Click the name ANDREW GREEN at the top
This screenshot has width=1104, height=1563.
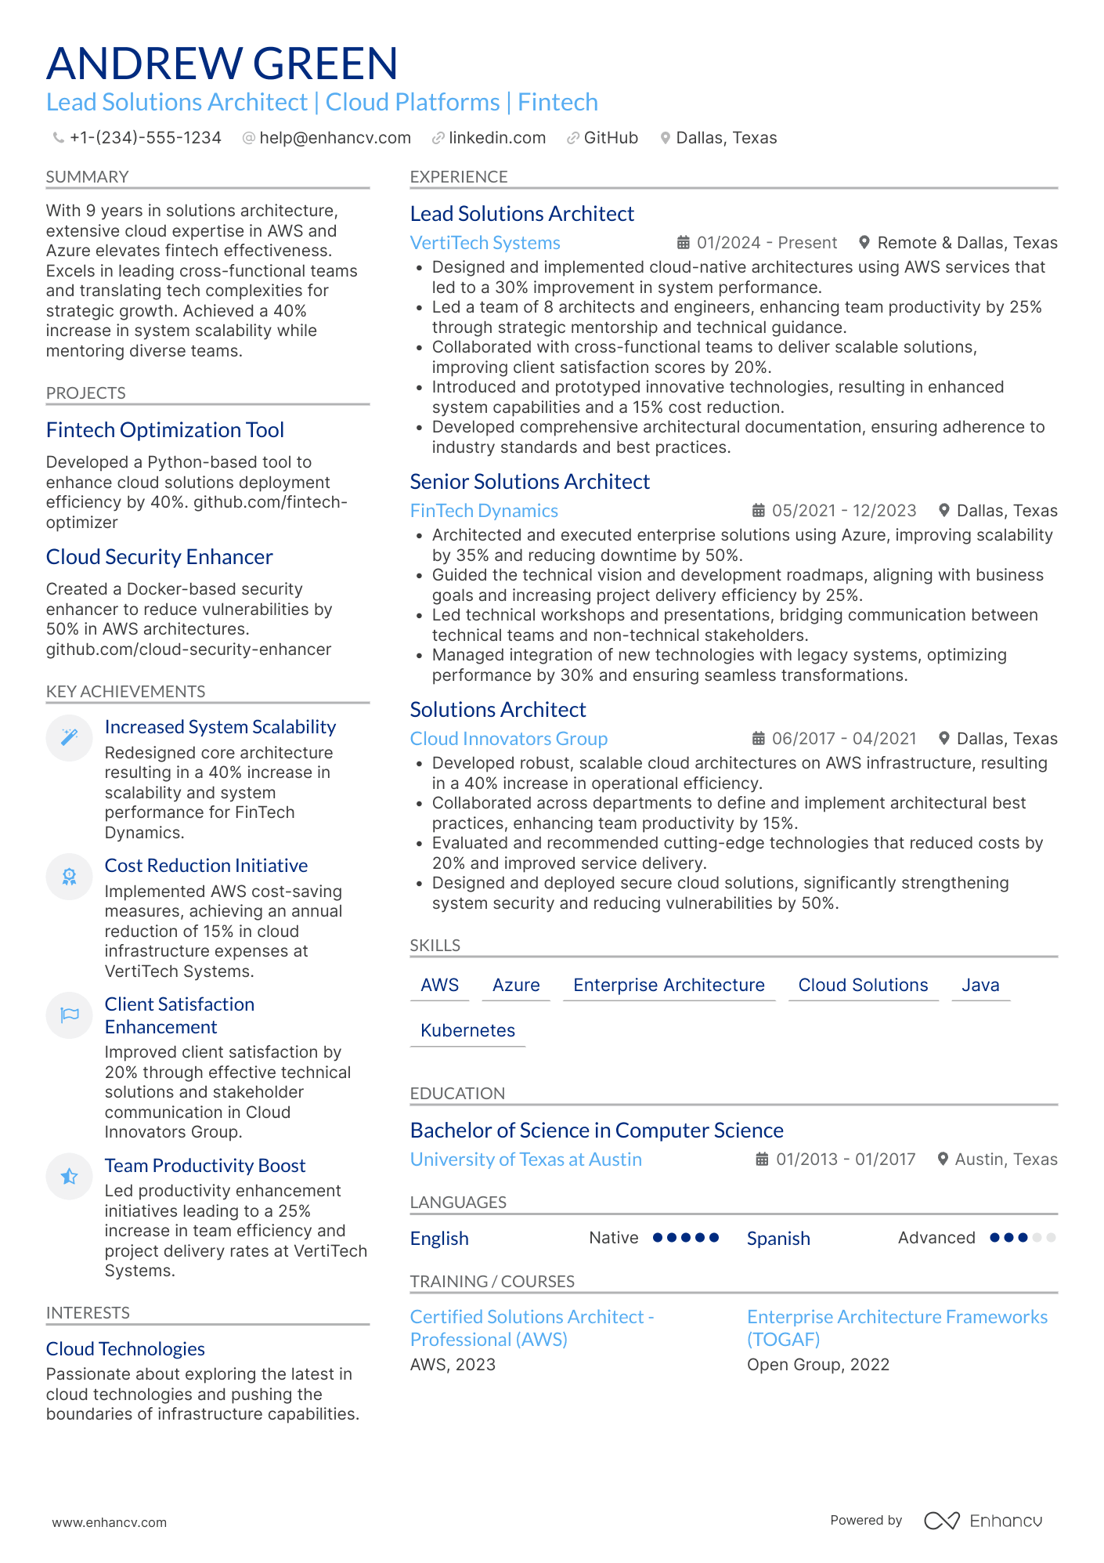222,63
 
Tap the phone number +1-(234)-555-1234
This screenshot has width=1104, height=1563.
145,138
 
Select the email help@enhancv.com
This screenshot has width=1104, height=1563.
334,138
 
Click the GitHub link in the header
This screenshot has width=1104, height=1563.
610,138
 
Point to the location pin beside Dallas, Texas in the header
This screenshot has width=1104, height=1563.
665,138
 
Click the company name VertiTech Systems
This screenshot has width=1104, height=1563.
485,243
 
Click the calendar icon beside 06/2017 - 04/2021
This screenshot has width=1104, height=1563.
758,739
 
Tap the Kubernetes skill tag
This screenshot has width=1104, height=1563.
467,1030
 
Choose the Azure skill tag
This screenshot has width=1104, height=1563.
516,985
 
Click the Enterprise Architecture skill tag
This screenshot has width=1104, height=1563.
669,985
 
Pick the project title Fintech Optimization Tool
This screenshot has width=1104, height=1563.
164,430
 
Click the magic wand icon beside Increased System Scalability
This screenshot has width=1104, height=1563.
70,737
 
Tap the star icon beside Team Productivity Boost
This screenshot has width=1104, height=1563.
70,1176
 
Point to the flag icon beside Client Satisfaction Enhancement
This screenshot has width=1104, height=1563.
70,1015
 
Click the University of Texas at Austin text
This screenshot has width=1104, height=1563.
525,1160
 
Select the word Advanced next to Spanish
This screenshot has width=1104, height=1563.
936,1238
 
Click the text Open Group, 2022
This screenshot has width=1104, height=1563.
817,1365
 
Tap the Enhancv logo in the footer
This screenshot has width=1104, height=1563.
983,1521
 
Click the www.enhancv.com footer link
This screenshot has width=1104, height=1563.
109,1522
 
